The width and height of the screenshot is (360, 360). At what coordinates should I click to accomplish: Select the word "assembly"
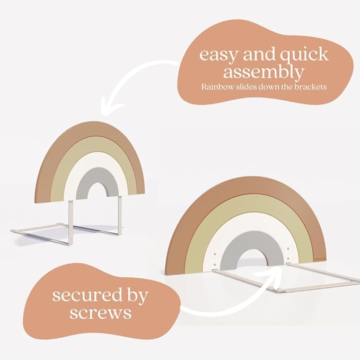[x=264, y=72]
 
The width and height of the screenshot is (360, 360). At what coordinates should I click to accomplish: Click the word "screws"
[x=101, y=312]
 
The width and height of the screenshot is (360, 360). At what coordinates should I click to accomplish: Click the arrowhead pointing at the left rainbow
[x=109, y=107]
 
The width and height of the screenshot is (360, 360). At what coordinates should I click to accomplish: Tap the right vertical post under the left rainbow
[x=120, y=215]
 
